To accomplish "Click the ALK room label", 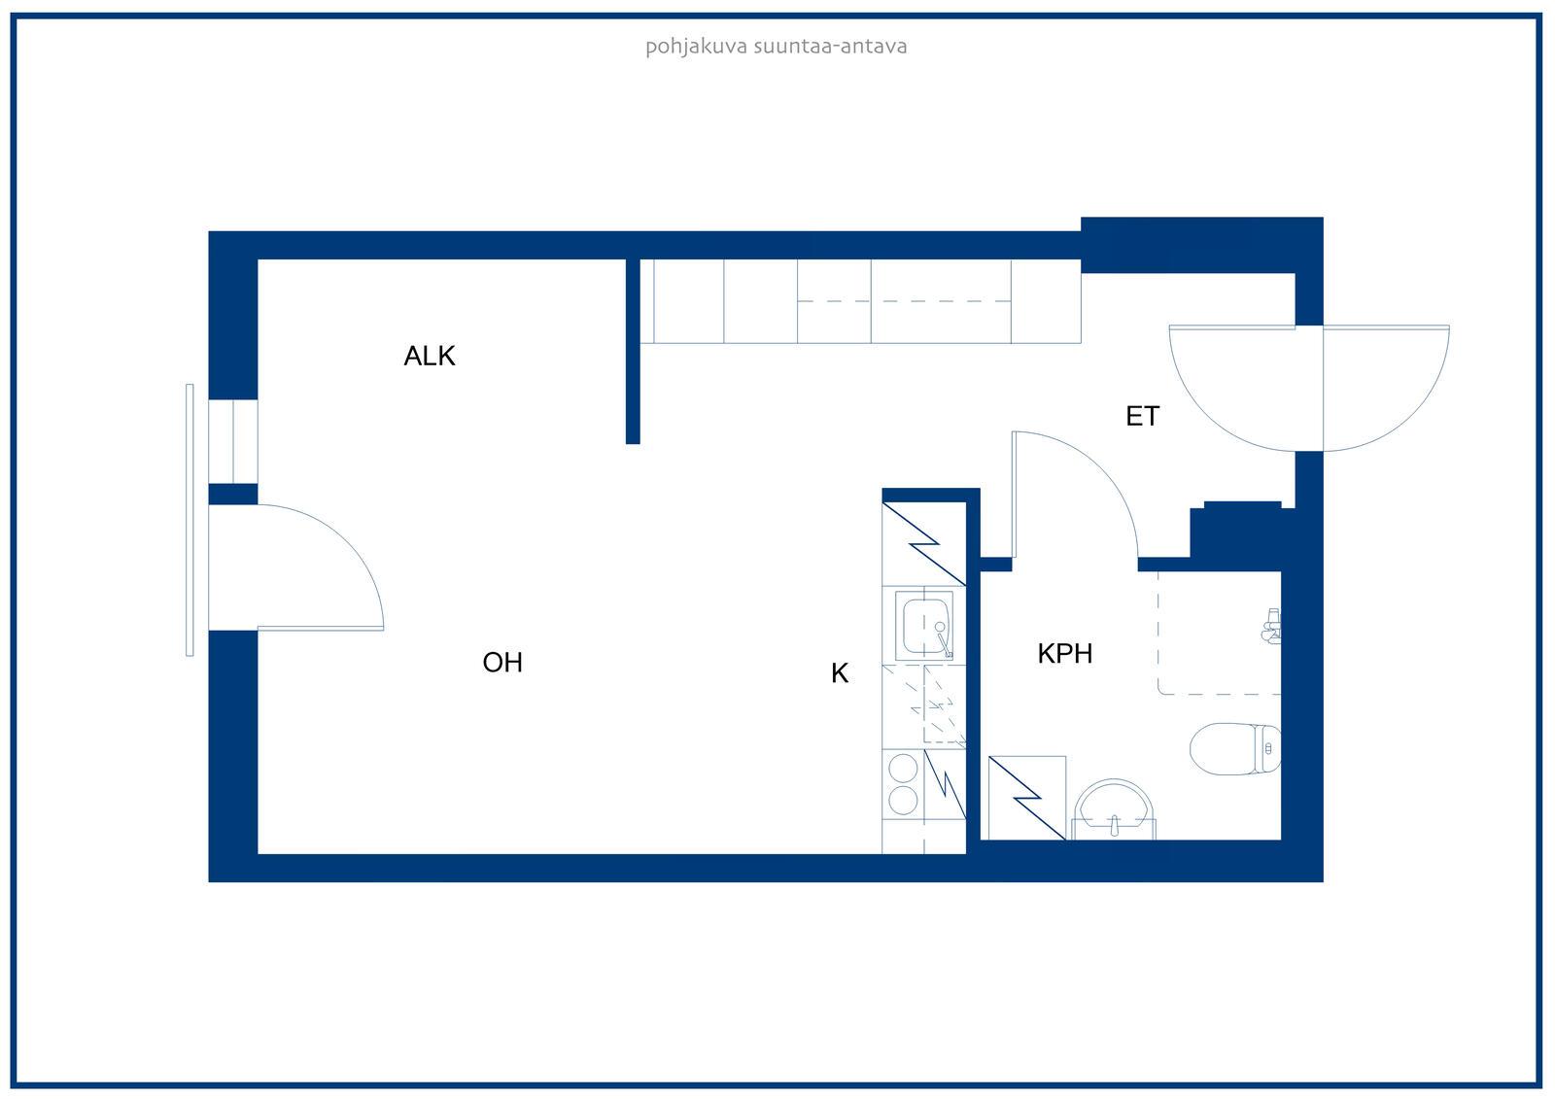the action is click(430, 357).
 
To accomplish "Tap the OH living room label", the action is click(502, 663).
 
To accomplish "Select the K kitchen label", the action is click(840, 672).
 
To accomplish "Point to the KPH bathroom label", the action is click(1065, 653).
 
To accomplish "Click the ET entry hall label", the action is click(1143, 416).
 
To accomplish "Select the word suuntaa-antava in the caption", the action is click(830, 47).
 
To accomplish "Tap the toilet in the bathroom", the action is click(1235, 749).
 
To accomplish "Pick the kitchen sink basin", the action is click(924, 626).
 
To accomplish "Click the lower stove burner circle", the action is click(903, 801).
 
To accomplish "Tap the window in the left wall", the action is click(233, 441).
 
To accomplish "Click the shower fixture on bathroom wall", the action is click(1272, 626).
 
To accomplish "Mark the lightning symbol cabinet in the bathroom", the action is click(1027, 799).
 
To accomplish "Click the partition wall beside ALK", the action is click(633, 352).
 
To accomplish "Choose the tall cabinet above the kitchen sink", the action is click(924, 543).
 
